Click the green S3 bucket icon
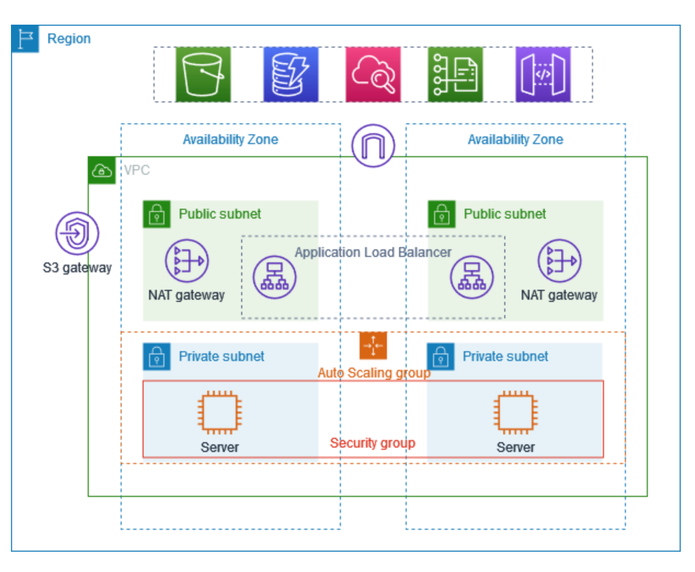[203, 75]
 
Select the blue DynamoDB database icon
[290, 75]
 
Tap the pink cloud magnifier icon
[373, 75]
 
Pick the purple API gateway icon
[543, 75]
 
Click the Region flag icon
[25, 39]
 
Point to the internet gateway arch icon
[373, 146]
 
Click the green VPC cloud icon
[102, 170]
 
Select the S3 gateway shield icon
[77, 233]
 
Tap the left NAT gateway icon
[187, 261]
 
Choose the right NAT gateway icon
[559, 261]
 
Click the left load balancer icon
[274, 277]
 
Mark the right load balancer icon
[471, 277]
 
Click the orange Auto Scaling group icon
[373, 346]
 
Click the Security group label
[373, 443]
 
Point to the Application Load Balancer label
[373, 252]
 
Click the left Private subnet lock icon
[157, 357]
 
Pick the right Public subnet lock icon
[442, 214]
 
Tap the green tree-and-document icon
[455, 75]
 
